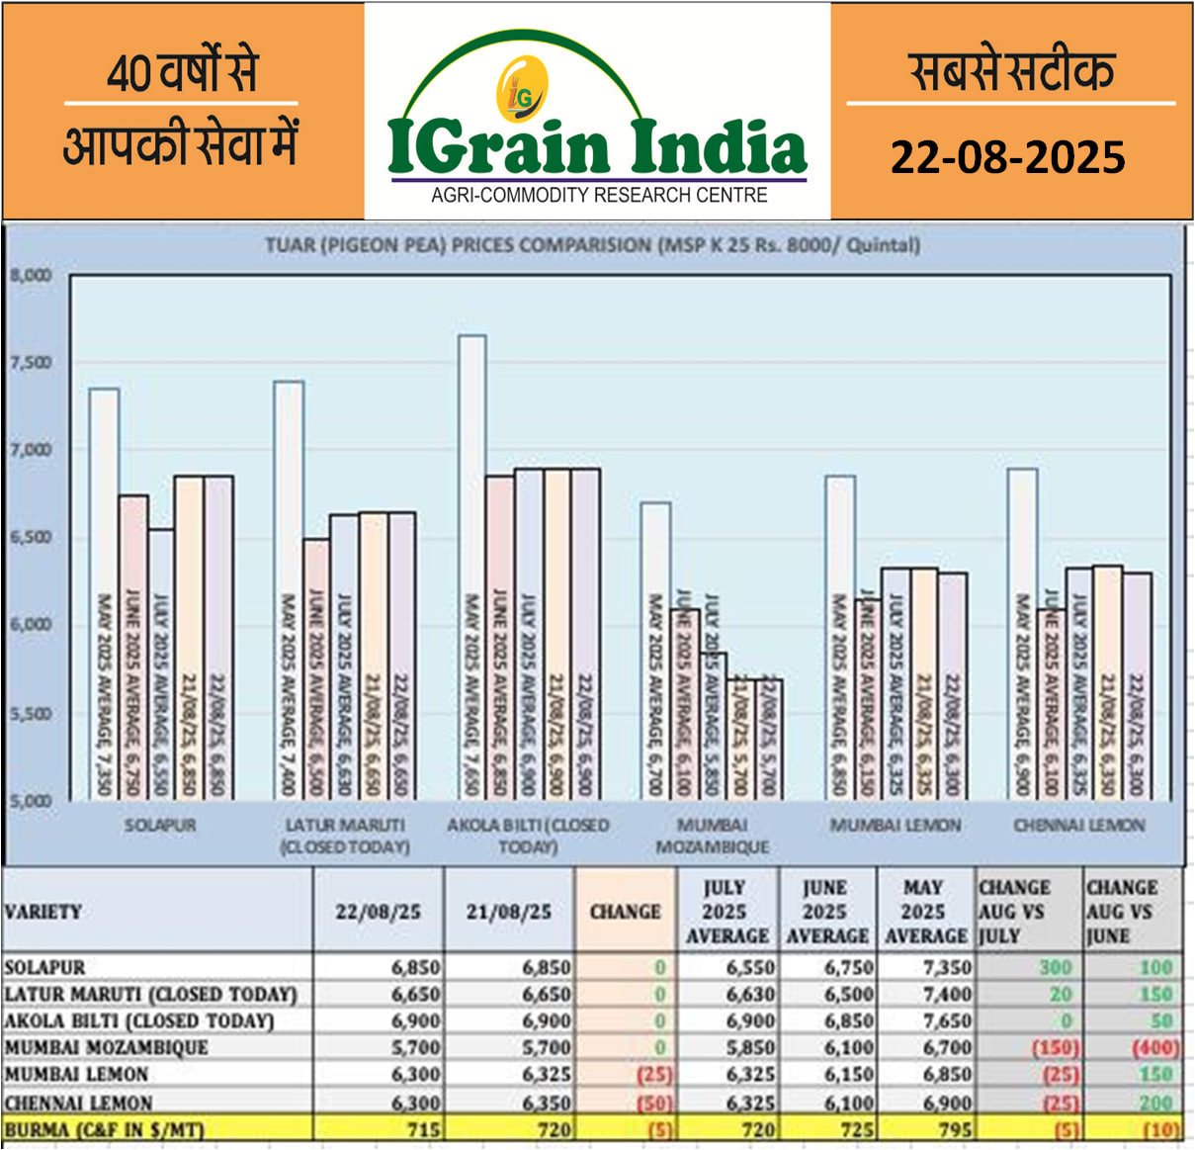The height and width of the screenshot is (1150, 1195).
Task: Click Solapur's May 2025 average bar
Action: pos(105,593)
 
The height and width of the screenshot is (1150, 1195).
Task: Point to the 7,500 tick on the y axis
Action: pos(31,363)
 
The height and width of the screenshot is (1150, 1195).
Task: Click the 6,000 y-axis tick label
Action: pos(31,625)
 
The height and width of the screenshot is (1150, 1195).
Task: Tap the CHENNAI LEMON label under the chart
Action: pos(1078,825)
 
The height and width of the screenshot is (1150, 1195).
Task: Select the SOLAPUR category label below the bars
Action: pos(160,825)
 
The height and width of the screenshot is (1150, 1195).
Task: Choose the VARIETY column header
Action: pos(43,912)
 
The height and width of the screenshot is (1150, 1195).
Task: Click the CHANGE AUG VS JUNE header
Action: pos(1122,912)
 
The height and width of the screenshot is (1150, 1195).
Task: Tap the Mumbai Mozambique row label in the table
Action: pos(107,1047)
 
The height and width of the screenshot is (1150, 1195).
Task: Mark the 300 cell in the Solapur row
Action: pos(1055,967)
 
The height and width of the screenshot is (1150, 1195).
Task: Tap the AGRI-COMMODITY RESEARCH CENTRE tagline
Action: pos(599,195)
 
